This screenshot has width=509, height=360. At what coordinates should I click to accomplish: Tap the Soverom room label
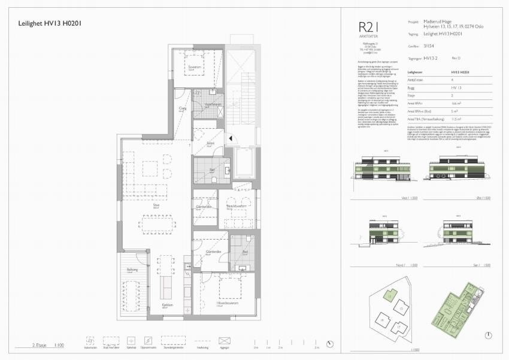195,68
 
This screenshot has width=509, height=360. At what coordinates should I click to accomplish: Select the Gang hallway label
183,108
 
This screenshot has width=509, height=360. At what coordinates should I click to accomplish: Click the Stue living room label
139,205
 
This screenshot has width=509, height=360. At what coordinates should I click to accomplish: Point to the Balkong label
132,270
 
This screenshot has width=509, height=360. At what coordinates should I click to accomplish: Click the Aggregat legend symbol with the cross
225,341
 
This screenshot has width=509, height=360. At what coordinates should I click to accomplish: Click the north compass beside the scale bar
331,344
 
